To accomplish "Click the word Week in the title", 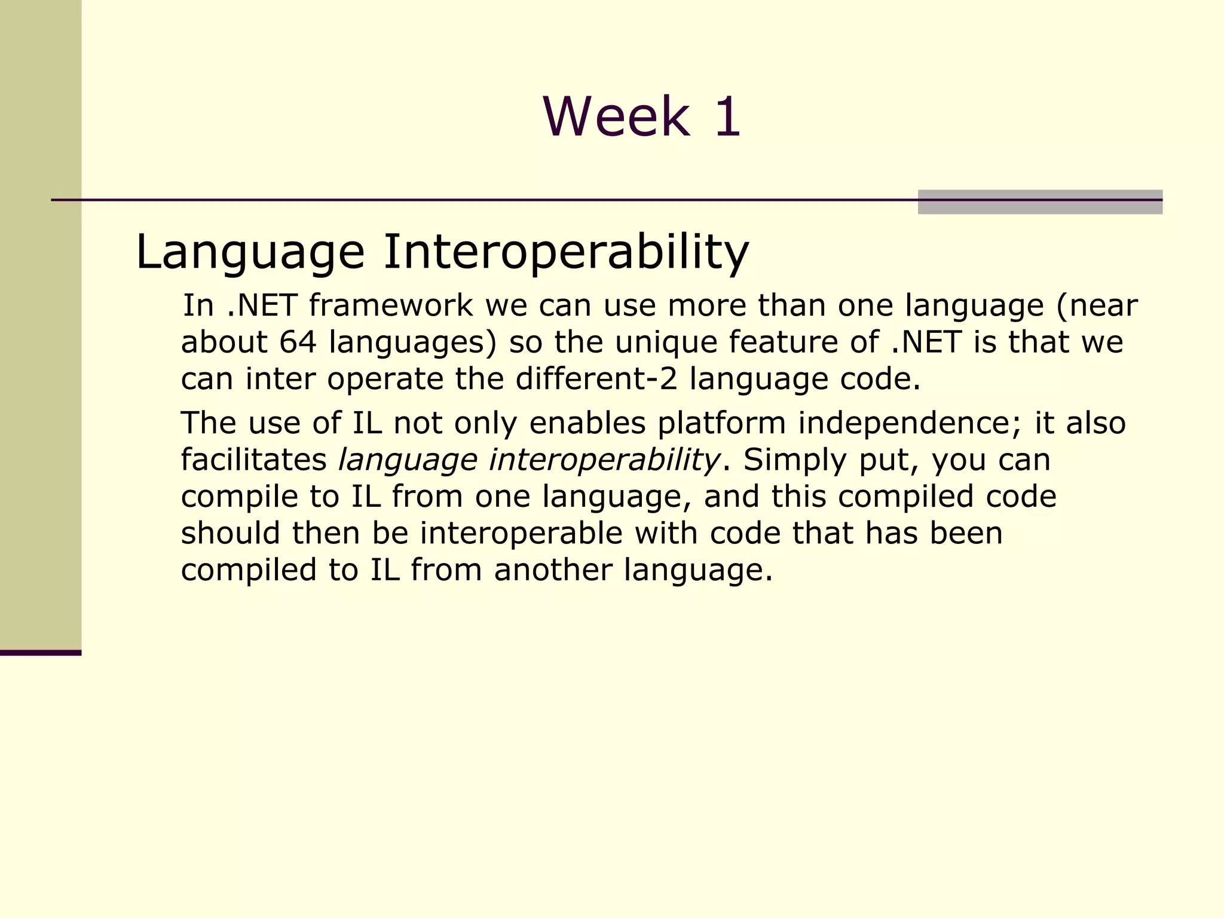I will tap(616, 117).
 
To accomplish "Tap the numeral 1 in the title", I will tap(727, 117).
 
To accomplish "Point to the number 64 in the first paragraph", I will tap(297, 342).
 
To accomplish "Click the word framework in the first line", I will tap(391, 305).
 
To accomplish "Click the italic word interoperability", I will tap(604, 460).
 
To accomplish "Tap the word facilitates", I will tap(253, 460).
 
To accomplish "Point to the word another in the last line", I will tap(553, 570).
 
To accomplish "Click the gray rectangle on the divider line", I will tap(1039, 202).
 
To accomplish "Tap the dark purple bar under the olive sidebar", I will tap(40, 653).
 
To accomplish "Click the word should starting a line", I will tap(230, 533).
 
